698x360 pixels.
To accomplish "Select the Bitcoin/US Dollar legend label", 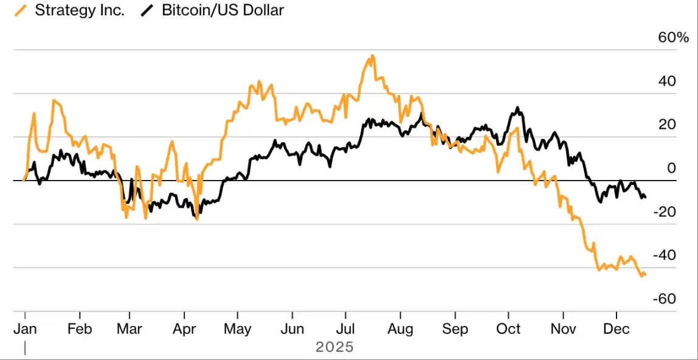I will [x=223, y=10].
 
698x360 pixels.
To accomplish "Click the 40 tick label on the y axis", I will [x=668, y=81].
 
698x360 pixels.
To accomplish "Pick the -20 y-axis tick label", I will [x=665, y=212].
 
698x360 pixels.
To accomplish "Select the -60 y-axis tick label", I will [x=665, y=299].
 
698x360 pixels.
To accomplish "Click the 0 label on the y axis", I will [x=671, y=168].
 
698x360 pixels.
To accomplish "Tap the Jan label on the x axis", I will [x=25, y=329].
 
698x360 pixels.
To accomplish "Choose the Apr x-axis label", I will [x=184, y=329].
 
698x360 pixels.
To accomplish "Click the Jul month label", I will [x=346, y=329].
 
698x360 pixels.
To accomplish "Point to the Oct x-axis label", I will [x=508, y=329].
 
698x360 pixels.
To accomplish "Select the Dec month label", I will [x=617, y=329].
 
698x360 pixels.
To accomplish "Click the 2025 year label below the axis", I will [x=334, y=348].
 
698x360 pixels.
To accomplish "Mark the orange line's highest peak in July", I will [x=372, y=56].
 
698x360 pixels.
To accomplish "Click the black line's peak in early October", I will [x=517, y=108].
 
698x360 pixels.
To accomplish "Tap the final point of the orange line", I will [x=645, y=274].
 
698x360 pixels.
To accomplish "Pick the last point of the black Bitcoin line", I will [x=645, y=196].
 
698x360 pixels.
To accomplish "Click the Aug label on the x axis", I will [x=400, y=329].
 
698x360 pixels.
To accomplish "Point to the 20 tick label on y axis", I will [x=668, y=125].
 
